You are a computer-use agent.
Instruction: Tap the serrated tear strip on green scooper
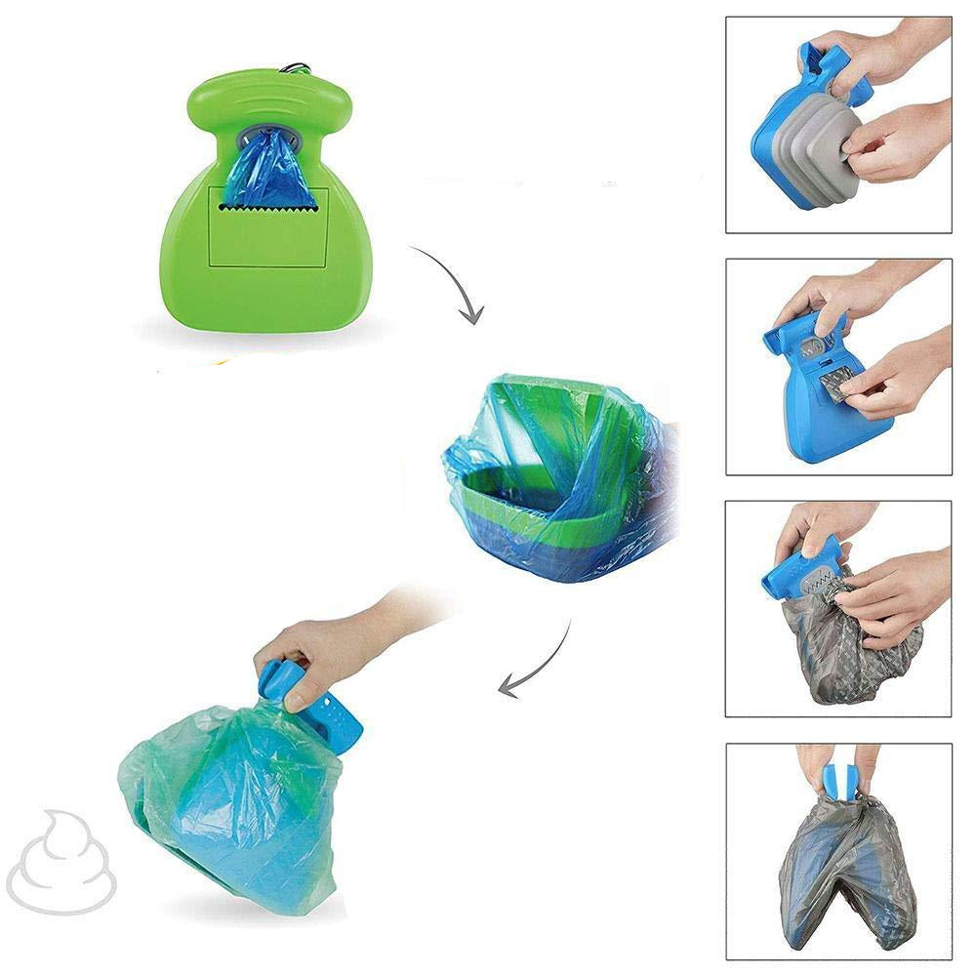pos(264,207)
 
